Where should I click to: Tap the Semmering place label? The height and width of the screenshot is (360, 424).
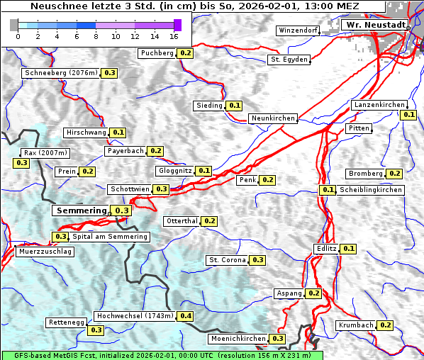[x=82, y=210]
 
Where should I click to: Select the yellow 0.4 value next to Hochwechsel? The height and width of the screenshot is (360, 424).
[x=186, y=315]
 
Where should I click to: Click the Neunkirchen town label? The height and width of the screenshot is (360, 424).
[x=273, y=118]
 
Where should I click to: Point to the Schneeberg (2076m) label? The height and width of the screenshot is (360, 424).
[x=60, y=73]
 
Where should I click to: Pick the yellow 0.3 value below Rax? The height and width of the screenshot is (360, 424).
[x=21, y=163]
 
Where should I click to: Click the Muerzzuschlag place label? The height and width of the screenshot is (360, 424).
[x=44, y=252]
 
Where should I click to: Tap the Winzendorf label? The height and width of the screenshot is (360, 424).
[x=299, y=31]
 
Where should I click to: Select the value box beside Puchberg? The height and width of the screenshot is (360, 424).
[x=185, y=53]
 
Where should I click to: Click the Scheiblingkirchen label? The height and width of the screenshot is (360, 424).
[x=370, y=190]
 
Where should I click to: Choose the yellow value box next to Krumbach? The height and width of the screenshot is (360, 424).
[x=385, y=325]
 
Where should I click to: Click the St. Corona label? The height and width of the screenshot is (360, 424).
[x=227, y=260]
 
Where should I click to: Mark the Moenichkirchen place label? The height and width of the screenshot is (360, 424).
[x=238, y=339]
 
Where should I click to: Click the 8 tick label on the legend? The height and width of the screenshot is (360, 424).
[x=96, y=35]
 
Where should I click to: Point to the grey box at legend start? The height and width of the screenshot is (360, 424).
[x=14, y=25]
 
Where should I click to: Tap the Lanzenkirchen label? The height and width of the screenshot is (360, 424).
[x=379, y=105]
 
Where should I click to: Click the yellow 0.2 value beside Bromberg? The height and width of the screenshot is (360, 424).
[x=394, y=174]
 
